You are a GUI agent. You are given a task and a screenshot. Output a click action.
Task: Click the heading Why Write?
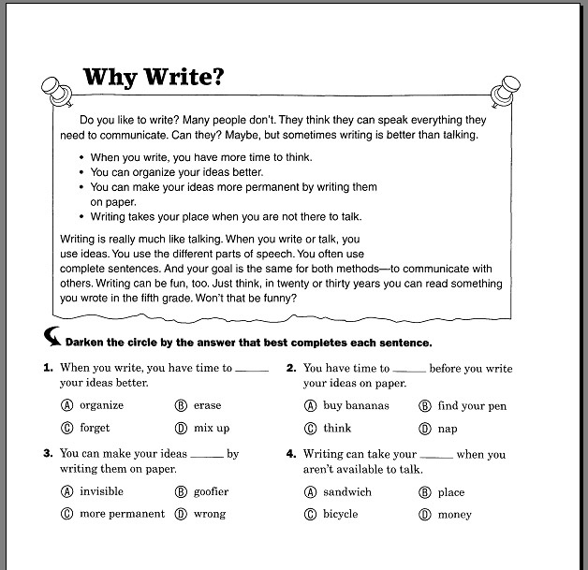pyautogui.click(x=154, y=76)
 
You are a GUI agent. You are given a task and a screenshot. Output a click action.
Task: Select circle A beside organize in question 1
pyautogui.click(x=66, y=406)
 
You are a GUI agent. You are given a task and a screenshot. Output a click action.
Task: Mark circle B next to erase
pyautogui.click(x=181, y=406)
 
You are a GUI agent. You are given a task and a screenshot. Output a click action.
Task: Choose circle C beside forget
pyautogui.click(x=66, y=429)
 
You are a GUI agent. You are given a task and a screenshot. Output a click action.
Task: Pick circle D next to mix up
pyautogui.click(x=181, y=429)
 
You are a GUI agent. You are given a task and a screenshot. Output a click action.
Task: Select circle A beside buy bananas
pyautogui.click(x=310, y=406)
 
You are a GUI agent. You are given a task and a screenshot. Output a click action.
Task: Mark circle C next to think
pyautogui.click(x=310, y=429)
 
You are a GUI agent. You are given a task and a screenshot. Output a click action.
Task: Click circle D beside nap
pyautogui.click(x=425, y=429)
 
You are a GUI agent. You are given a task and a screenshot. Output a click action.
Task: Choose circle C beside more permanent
pyautogui.click(x=66, y=514)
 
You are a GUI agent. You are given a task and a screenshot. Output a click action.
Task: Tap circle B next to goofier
pyautogui.click(x=181, y=491)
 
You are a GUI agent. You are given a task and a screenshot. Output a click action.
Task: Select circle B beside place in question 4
pyautogui.click(x=425, y=492)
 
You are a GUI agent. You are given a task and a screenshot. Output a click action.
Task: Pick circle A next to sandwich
pyautogui.click(x=310, y=492)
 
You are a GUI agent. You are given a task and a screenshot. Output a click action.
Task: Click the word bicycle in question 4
pyautogui.click(x=340, y=515)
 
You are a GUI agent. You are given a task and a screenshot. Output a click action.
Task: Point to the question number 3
pyautogui.click(x=47, y=454)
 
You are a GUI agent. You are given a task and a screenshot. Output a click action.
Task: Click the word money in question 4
pyautogui.click(x=454, y=515)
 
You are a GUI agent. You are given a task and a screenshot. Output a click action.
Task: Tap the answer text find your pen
pyautogui.click(x=472, y=406)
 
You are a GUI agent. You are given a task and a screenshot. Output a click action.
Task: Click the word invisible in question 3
pyautogui.click(x=101, y=491)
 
